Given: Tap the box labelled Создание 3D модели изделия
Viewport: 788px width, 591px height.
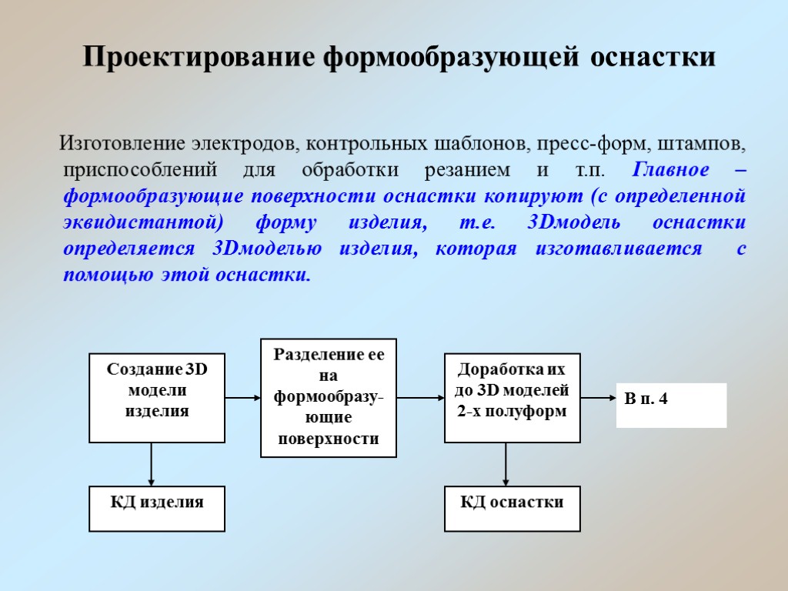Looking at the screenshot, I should tap(157, 398).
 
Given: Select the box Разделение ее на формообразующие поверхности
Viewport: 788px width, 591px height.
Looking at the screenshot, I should tap(329, 398).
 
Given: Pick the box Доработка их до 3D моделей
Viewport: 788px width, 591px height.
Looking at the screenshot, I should tap(513, 398).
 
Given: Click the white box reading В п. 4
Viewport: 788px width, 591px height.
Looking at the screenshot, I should tap(671, 405).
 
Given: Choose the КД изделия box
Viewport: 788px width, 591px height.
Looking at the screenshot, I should tap(157, 509).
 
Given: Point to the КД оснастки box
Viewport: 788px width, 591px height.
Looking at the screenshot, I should tap(513, 509).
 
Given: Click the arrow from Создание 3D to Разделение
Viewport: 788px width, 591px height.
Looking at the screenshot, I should tap(243, 398).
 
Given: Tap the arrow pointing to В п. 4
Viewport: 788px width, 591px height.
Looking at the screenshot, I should tap(597, 398).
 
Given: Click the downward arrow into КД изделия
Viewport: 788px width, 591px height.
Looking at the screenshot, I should tap(152, 464).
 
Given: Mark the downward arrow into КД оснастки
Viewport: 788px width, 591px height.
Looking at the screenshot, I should tap(506, 464).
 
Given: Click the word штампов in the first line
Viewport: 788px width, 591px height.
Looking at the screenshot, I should tap(707, 144).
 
